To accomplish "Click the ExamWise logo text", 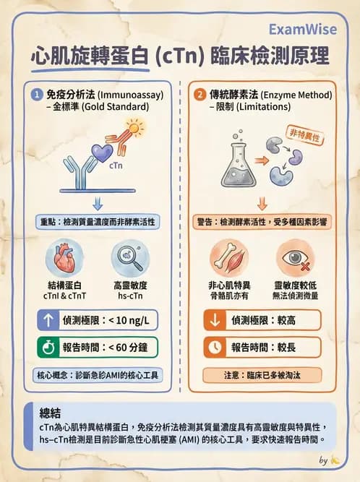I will tap(303, 29).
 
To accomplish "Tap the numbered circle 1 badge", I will tap(37, 94).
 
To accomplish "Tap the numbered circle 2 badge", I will tap(200, 94).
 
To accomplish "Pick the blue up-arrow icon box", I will tap(48, 319).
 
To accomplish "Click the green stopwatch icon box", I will tap(48, 347).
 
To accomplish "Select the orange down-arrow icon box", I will tap(215, 319).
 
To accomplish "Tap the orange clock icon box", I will tap(215, 347).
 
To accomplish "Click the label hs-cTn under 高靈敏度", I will tap(130, 296).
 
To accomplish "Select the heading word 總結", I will tap(51, 413).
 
